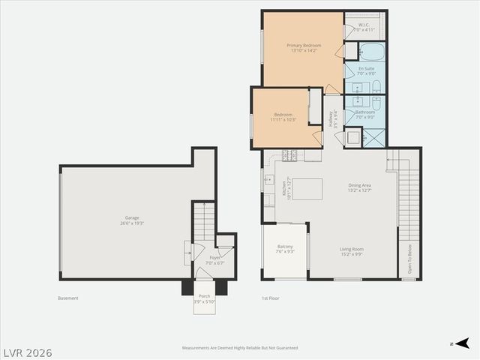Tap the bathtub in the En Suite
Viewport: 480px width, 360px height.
371,51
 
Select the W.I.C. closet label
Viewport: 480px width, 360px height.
364,25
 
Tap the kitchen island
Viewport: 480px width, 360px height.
307,188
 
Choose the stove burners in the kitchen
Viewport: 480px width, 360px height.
290,155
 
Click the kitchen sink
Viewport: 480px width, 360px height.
269,179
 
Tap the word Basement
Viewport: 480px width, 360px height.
67,298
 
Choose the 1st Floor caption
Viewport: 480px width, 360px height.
270,298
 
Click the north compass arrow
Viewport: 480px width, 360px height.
463,343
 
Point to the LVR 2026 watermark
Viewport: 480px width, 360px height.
27,351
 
